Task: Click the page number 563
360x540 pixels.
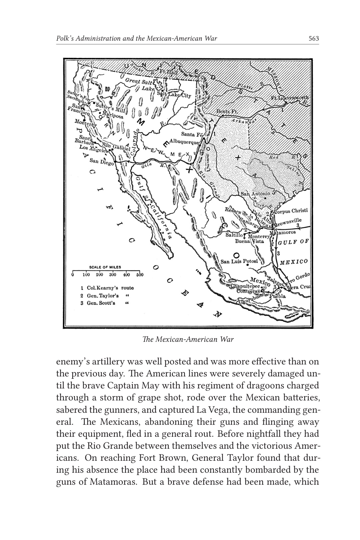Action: (x=314, y=39)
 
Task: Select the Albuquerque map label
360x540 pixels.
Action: (x=184, y=142)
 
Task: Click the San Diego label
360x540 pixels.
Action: (x=102, y=162)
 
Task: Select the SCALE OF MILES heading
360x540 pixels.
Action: (x=105, y=267)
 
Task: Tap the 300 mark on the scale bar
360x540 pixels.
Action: (x=113, y=275)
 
